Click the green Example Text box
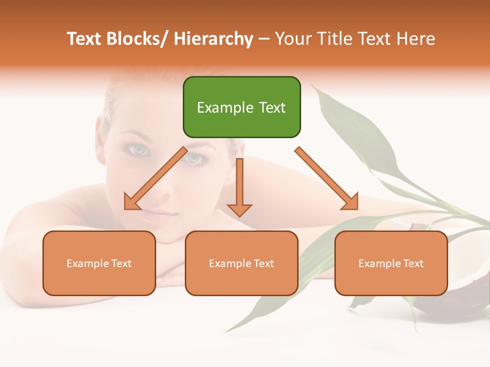point(241,107)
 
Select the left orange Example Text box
point(99,263)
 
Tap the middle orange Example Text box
point(241,263)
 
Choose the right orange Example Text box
point(391,263)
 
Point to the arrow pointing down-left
point(156,178)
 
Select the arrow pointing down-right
point(327,178)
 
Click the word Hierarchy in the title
point(213,39)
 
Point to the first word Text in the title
point(84,39)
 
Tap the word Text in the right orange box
point(412,264)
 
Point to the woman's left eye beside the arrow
point(194,158)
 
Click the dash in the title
point(264,39)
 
